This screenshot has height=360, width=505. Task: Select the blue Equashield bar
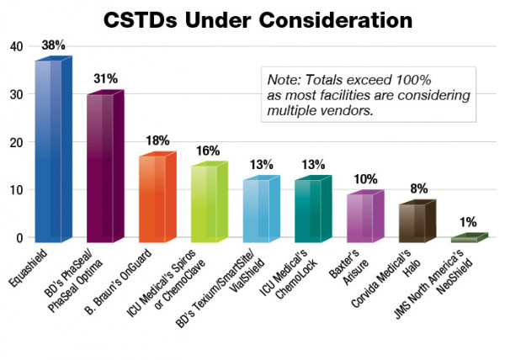pyautogui.click(x=49, y=151)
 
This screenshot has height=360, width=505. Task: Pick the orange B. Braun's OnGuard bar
pyautogui.click(x=153, y=198)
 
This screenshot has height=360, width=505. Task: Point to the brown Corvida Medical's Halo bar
pyautogui.click(x=414, y=222)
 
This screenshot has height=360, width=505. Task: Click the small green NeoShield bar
pyautogui.click(x=465, y=239)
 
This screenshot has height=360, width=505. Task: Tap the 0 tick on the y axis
pyautogui.click(x=17, y=238)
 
